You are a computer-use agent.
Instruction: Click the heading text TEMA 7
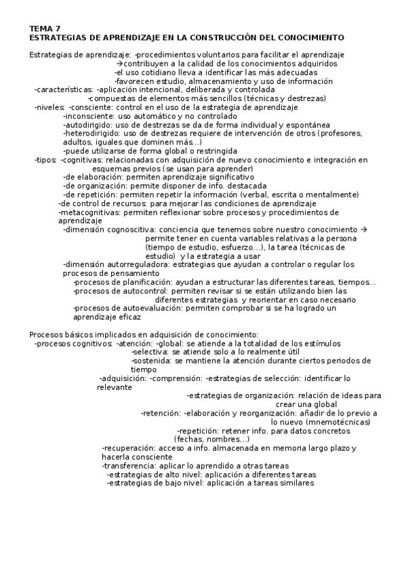tap(45, 28)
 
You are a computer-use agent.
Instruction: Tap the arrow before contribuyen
tap(119, 63)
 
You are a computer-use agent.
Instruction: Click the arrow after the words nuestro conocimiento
tap(364, 230)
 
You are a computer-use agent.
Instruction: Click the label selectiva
tap(150, 353)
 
